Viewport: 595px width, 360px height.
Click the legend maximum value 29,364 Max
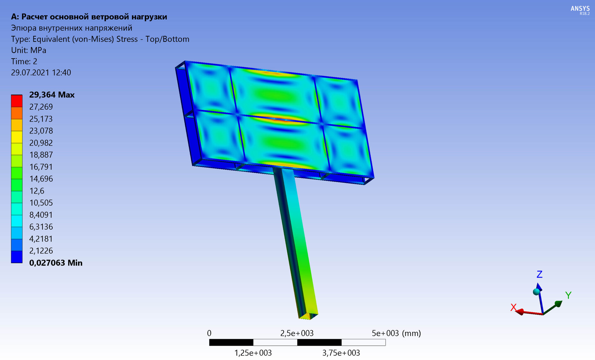click(52, 95)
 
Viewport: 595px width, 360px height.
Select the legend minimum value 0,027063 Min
click(56, 263)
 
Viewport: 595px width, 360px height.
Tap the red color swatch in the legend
click(17, 101)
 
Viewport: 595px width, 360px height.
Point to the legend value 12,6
click(37, 191)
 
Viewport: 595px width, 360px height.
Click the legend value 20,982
click(41, 143)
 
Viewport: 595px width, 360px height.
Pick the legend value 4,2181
click(41, 239)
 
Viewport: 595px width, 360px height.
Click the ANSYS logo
click(580, 10)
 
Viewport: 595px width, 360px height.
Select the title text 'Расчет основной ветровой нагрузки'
click(94, 17)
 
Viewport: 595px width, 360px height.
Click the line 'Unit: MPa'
click(29, 50)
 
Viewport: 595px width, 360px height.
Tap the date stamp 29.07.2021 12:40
click(41, 72)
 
